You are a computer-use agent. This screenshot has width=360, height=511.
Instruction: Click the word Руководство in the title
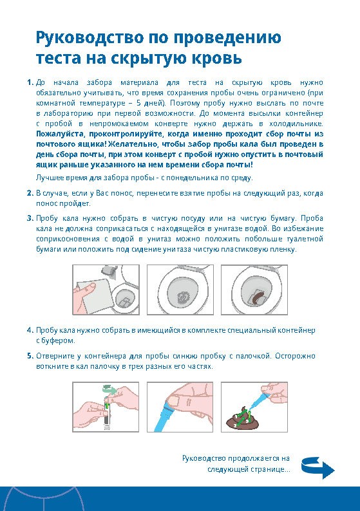pyautogui.click(x=90, y=38)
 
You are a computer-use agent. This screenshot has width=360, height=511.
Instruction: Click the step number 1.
pyautogui.click(x=30, y=82)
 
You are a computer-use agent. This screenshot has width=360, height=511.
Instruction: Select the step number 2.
pyautogui.click(x=30, y=193)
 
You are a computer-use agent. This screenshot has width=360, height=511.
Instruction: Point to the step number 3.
pyautogui.click(x=30, y=218)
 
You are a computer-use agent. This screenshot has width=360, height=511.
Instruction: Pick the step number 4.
pyautogui.click(x=30, y=330)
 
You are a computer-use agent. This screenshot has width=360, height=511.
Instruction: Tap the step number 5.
pyautogui.click(x=30, y=356)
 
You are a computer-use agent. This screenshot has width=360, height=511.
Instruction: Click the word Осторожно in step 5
pyautogui.click(x=295, y=356)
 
